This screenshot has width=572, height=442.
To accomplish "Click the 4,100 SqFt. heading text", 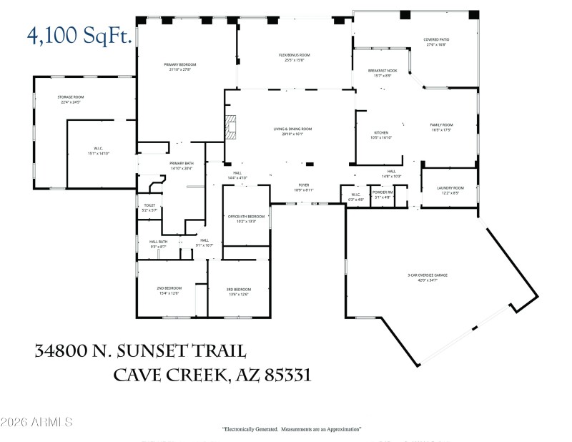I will click(x=80, y=34).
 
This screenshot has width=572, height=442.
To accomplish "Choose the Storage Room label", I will click(x=71, y=99).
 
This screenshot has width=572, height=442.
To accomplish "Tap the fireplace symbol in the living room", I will click(x=230, y=126).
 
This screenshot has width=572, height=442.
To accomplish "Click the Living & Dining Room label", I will click(x=292, y=131).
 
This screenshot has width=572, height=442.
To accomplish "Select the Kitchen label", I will click(x=381, y=134).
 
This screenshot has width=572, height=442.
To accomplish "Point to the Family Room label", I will click(x=441, y=127).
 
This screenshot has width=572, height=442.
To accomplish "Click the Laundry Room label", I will click(x=450, y=190).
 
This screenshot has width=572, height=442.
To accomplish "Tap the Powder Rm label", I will click(x=383, y=193).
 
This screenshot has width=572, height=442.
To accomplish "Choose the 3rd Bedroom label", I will click(x=239, y=290).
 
